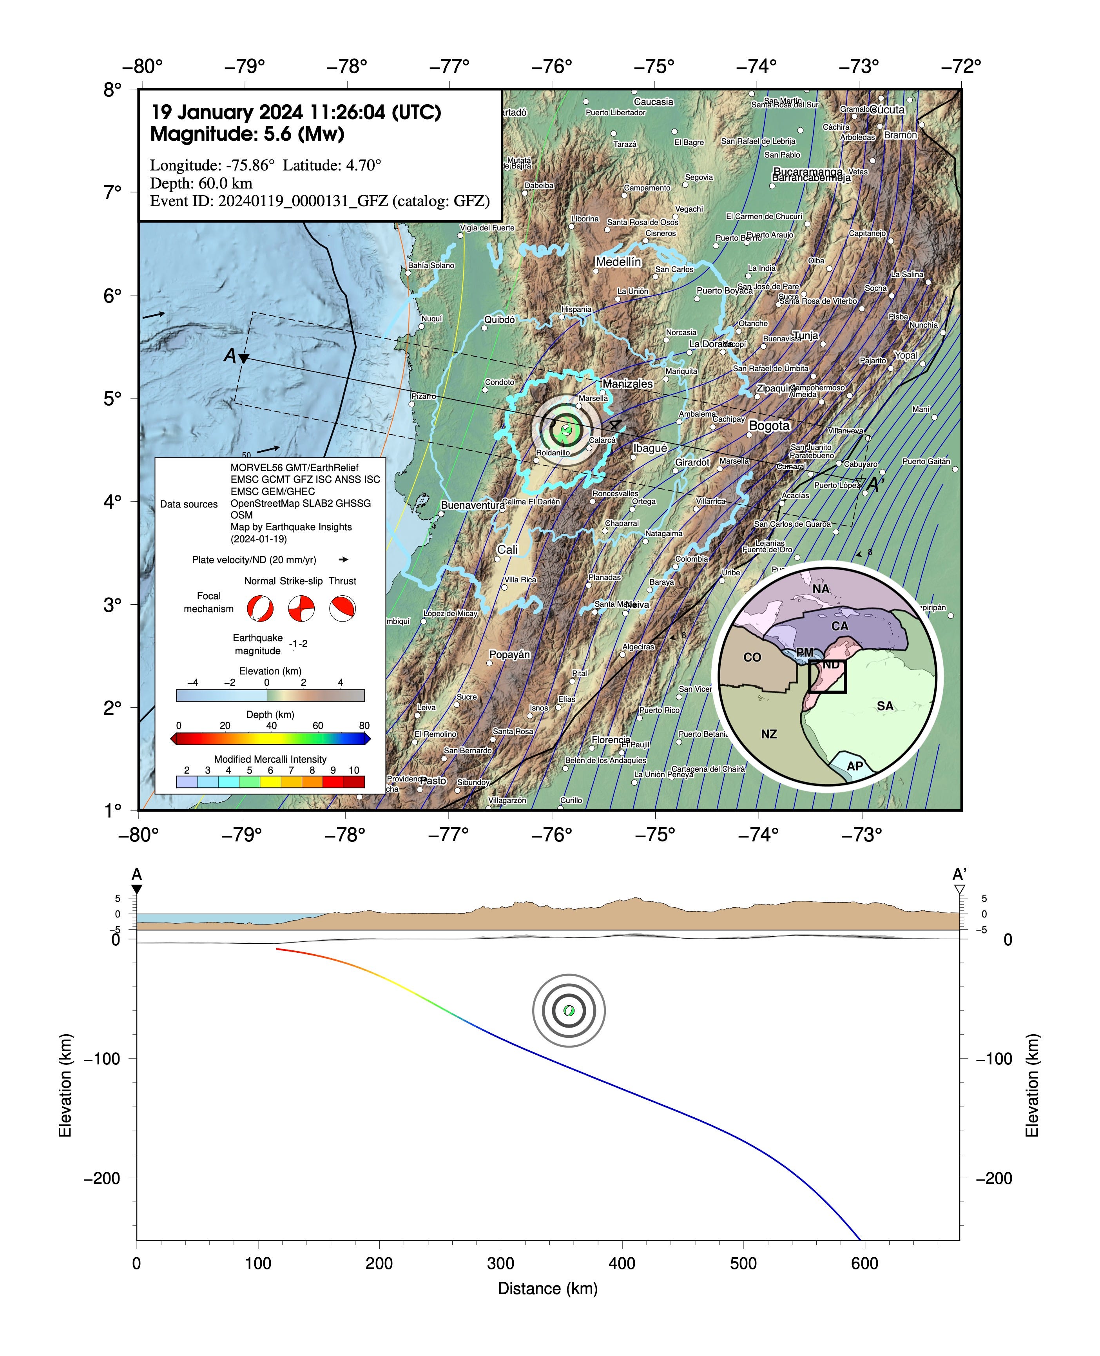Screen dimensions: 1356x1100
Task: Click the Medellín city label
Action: pos(618,262)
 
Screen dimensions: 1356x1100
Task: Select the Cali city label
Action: pos(507,549)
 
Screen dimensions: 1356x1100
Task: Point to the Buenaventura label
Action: pos(473,505)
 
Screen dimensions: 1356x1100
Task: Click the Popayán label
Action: pos(509,654)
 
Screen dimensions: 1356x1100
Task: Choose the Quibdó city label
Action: pos(499,319)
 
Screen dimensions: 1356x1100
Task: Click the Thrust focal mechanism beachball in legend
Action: pos(342,608)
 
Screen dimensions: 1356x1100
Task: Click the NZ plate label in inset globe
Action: pos(768,734)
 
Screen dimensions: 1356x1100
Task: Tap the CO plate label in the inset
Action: pos(752,657)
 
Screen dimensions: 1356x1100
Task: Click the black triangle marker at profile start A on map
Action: pos(244,359)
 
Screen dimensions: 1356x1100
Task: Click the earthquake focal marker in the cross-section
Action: pos(568,1011)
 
